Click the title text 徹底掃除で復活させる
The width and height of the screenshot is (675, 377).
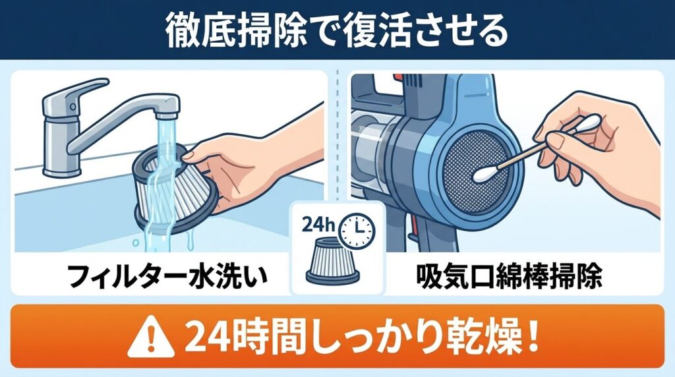click(337, 30)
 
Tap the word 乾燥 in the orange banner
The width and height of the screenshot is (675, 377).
click(474, 337)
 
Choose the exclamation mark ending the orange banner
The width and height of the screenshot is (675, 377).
click(533, 337)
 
